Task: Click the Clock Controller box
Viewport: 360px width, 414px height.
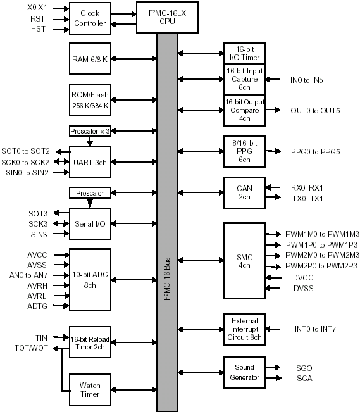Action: click(90, 18)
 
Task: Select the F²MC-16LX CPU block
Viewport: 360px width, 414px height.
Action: click(167, 18)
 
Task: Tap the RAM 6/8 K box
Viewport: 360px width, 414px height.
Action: click(90, 59)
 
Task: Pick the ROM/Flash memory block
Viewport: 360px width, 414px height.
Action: click(90, 100)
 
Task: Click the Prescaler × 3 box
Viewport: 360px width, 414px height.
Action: click(90, 131)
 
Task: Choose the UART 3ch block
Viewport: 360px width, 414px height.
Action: click(90, 162)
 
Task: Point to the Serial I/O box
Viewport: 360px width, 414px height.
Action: click(90, 224)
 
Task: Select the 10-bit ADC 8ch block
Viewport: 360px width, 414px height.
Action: click(90, 280)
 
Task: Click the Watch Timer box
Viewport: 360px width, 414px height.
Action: click(90, 390)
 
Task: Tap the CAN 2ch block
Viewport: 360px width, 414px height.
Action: click(244, 192)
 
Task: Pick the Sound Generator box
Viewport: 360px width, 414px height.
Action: click(244, 373)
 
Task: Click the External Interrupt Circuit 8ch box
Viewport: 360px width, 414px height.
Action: click(244, 330)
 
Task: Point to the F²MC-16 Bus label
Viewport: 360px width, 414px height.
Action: click(167, 279)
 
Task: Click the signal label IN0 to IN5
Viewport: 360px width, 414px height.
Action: click(306, 80)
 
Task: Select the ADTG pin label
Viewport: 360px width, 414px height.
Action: click(37, 306)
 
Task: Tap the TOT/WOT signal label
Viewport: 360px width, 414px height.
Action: click(32, 348)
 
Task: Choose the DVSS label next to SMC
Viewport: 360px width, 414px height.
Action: click(304, 288)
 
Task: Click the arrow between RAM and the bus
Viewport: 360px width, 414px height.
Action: click(134, 59)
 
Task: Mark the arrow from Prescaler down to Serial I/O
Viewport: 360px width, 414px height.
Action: click(90, 203)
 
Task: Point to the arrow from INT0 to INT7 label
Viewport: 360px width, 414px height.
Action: click(273, 329)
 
